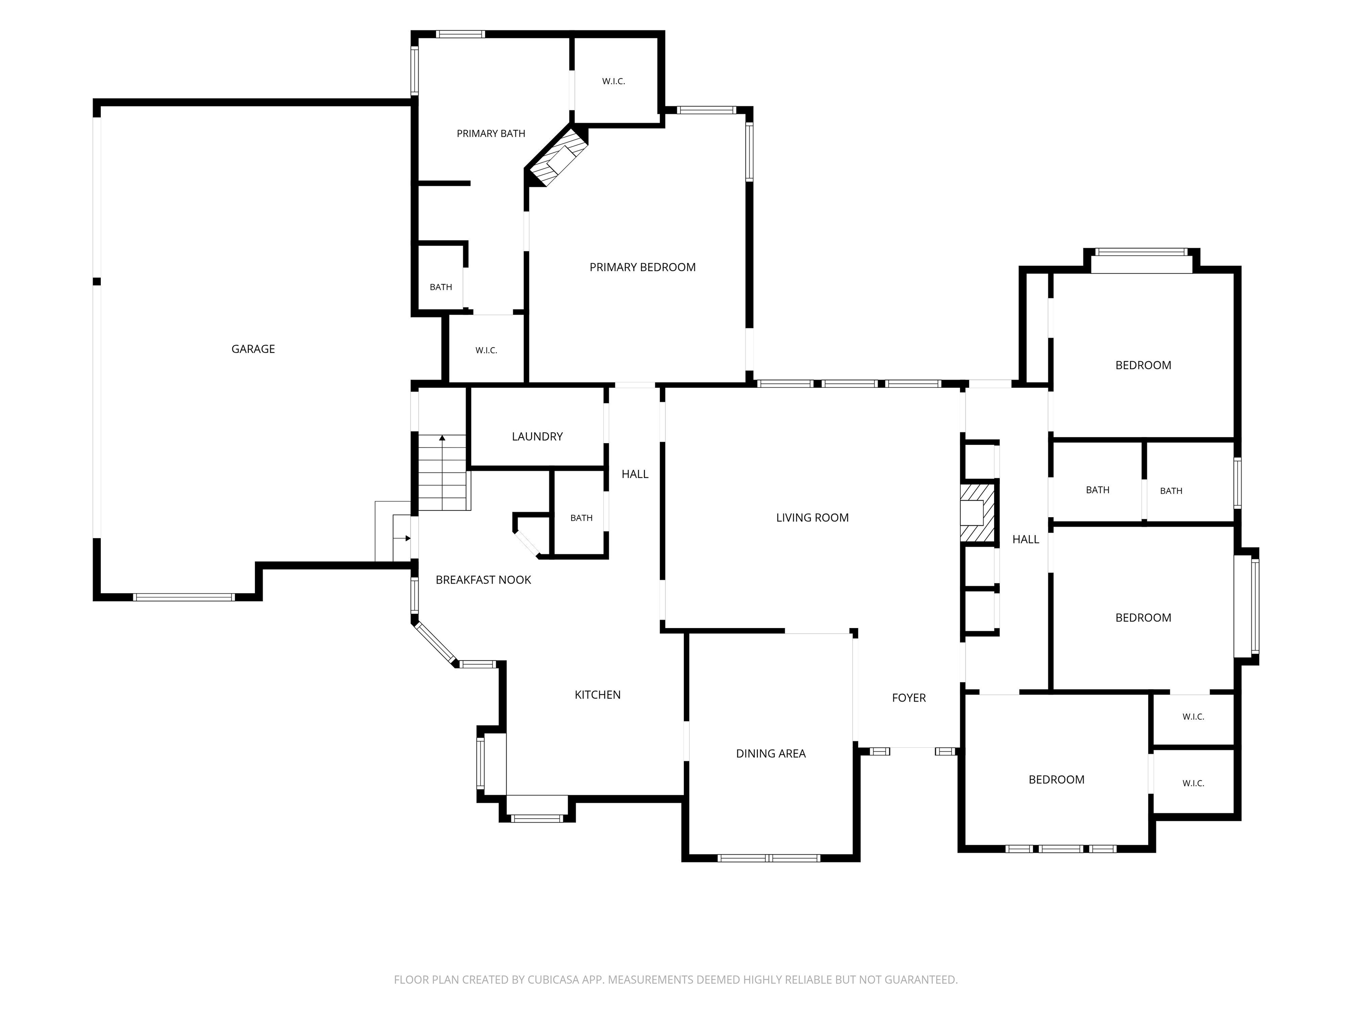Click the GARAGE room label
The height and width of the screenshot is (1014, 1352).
coord(253,349)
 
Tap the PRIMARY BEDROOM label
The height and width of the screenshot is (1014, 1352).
coord(643,267)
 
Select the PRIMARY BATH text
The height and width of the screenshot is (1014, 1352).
coord(491,133)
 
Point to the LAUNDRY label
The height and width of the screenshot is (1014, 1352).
coord(537,437)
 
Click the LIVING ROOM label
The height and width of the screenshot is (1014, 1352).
coord(812,518)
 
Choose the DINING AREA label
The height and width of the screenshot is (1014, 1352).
coord(771,753)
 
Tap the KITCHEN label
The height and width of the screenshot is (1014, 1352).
coord(598,694)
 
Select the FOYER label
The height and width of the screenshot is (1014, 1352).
coord(909,698)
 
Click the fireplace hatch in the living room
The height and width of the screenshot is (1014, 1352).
coord(977,512)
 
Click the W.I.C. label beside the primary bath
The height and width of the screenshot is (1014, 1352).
coord(614,81)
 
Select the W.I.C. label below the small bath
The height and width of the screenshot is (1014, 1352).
coord(486,350)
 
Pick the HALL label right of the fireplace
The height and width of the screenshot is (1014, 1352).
coord(1025,539)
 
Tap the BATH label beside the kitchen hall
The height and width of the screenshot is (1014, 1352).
coord(581,518)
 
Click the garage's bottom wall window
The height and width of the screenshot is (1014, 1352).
coord(184,597)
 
